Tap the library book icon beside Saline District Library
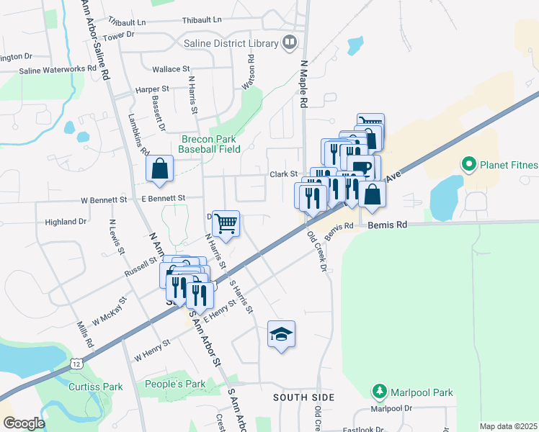(x=290, y=43)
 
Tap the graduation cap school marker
(x=281, y=334)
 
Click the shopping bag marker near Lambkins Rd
(x=160, y=170)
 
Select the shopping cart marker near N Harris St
(x=226, y=224)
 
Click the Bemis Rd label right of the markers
(x=388, y=225)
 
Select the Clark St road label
(x=284, y=174)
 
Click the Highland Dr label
(x=66, y=222)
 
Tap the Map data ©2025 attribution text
(x=508, y=426)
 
